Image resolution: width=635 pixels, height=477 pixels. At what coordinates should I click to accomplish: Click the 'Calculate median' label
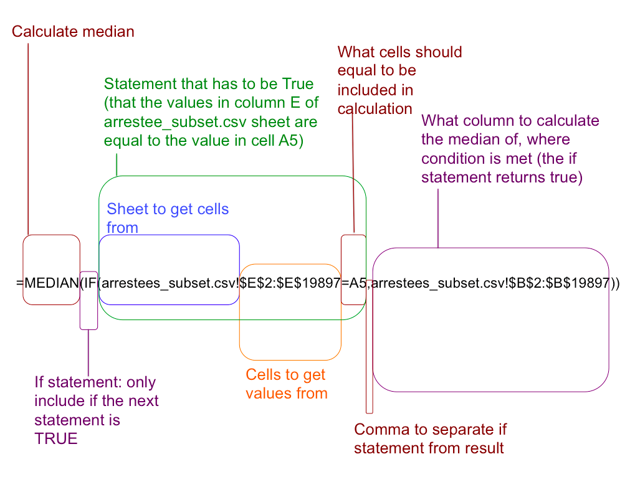click(73, 31)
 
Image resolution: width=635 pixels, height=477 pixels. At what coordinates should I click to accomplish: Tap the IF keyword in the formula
click(89, 283)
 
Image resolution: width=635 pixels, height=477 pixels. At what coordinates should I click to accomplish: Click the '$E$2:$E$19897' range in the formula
click(291, 283)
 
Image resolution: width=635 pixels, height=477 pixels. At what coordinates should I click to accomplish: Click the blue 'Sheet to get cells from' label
click(168, 218)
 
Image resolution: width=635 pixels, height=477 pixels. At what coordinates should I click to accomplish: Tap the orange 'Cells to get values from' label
click(286, 384)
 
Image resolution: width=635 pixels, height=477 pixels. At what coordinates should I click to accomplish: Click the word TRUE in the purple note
click(56, 438)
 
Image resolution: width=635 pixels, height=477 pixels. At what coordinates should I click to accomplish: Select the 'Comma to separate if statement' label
click(430, 438)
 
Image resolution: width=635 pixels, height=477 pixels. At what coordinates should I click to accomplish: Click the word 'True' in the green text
click(298, 84)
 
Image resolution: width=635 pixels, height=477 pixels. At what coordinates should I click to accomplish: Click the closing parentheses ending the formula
click(615, 283)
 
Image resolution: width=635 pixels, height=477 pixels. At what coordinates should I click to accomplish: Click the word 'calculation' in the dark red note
click(375, 109)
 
